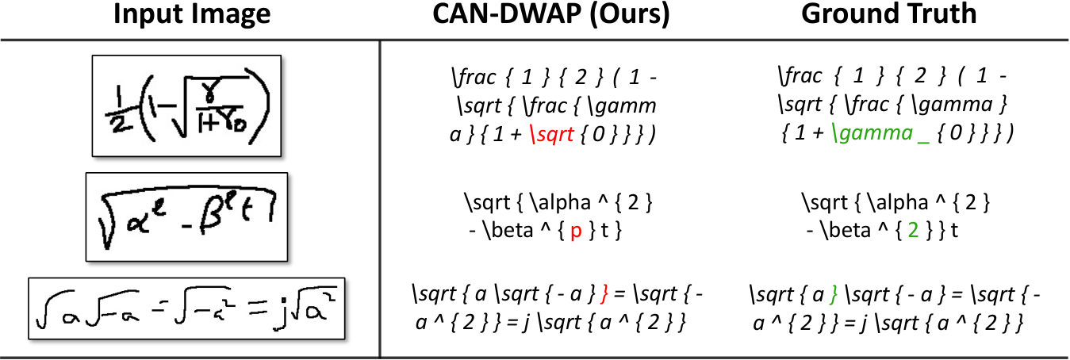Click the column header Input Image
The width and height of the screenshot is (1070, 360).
tap(192, 14)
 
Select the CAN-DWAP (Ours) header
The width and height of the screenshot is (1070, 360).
tap(551, 14)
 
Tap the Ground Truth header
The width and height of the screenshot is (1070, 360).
tap(889, 13)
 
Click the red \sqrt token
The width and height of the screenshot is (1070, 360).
tap(552, 135)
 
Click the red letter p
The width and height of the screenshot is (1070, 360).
tap(577, 232)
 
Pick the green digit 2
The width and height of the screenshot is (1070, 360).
tap(913, 230)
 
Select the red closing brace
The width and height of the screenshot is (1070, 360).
tap(604, 294)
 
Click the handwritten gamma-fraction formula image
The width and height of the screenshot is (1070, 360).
tap(186, 105)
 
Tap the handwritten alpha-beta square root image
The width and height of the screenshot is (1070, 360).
tap(186, 216)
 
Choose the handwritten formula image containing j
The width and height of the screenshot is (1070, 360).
tap(186, 308)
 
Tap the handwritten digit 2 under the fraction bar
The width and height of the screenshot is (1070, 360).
tap(116, 125)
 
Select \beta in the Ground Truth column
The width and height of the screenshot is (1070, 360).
tap(846, 230)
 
